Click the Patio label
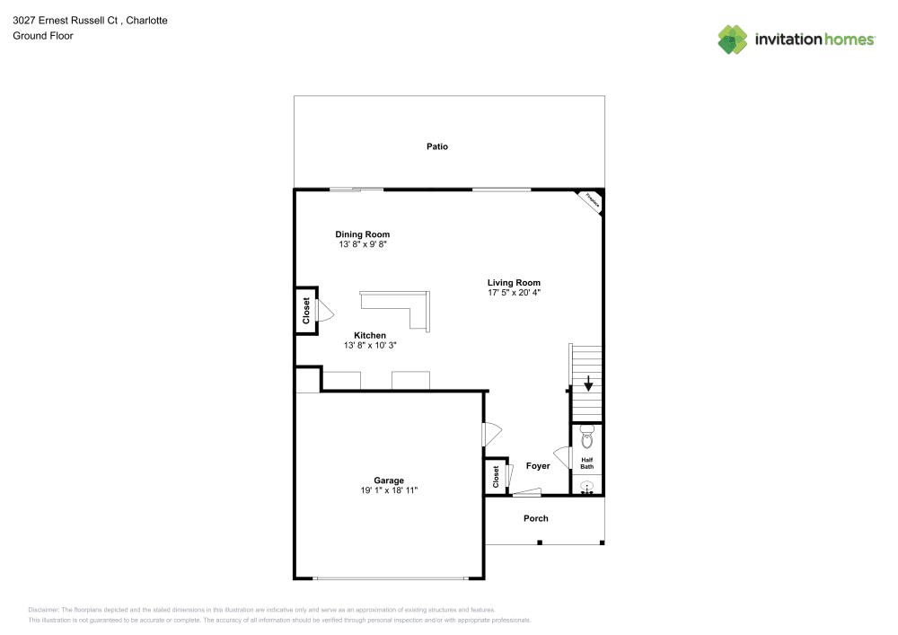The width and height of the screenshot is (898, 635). (x=436, y=146)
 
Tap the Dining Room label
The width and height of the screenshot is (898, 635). (x=363, y=234)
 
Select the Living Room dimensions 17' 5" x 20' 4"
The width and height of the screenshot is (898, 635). (x=514, y=293)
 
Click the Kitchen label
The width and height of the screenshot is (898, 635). (x=369, y=335)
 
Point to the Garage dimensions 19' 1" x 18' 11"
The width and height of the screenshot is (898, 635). (x=389, y=490)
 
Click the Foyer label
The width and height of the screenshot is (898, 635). (x=537, y=466)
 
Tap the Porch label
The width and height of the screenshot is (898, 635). (x=535, y=518)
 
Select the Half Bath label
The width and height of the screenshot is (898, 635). (x=586, y=463)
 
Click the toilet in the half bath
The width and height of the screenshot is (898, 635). (x=587, y=437)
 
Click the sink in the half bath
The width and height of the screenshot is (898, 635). (x=587, y=487)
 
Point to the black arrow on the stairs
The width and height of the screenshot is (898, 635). (x=588, y=384)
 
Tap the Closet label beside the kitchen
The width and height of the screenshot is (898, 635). (x=305, y=311)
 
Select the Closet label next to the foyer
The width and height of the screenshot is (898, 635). (x=495, y=476)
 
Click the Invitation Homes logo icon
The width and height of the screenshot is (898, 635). (x=732, y=39)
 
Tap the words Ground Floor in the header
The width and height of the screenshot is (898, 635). (x=42, y=36)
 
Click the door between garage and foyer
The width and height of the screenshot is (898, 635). (x=490, y=435)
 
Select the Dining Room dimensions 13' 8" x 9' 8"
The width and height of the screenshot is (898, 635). (x=363, y=244)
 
